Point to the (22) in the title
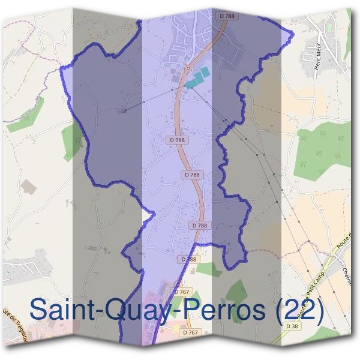299,310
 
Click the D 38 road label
293,326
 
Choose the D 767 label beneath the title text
190,332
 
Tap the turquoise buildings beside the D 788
197,77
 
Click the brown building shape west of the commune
28,187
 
